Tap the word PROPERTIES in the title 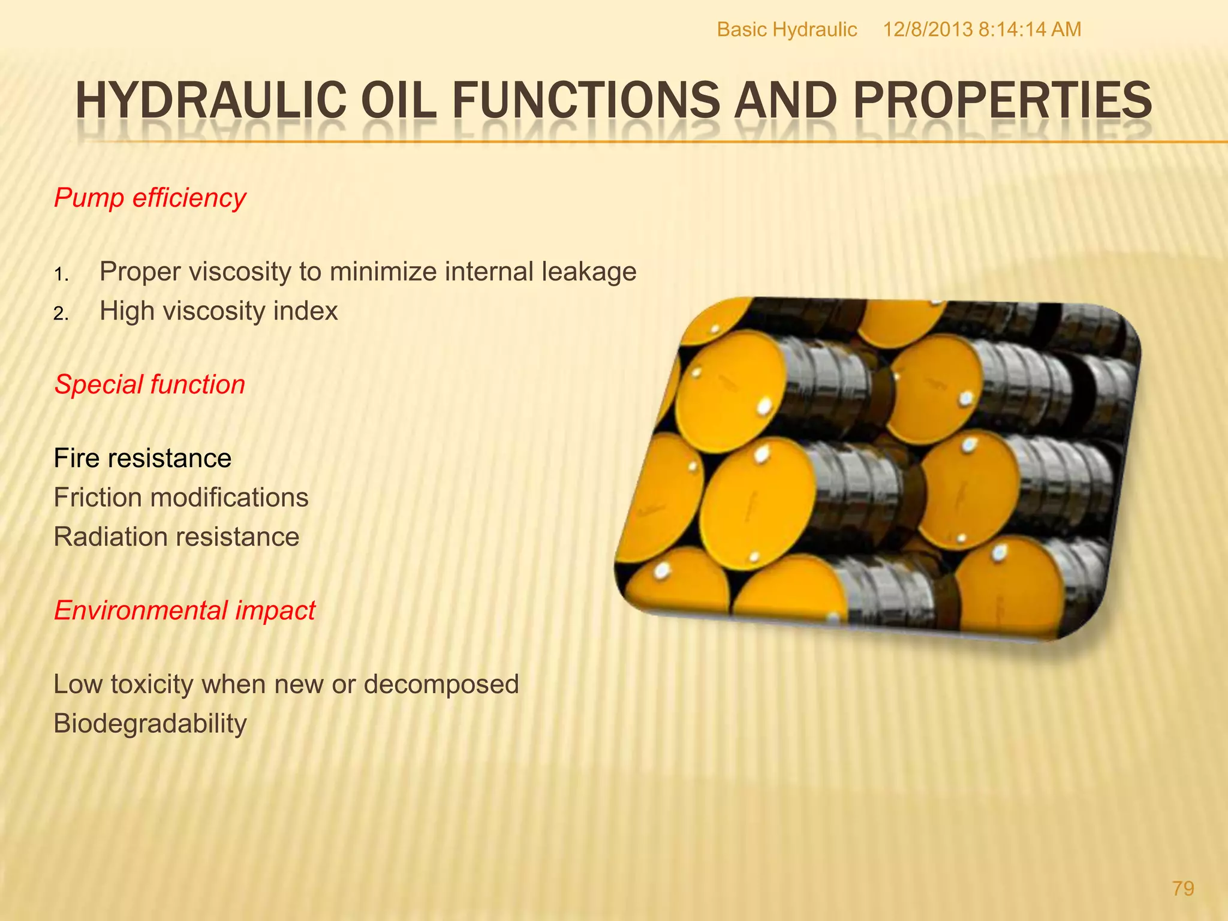click(1002, 101)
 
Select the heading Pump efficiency click(150, 198)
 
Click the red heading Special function click(150, 384)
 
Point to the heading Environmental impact click(185, 610)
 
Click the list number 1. click(61, 275)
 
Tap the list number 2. click(61, 314)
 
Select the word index click(306, 311)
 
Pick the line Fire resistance click(143, 458)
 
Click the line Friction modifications click(181, 498)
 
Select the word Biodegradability click(151, 724)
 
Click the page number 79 click(1183, 888)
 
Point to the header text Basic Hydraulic click(787, 29)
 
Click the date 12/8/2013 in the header click(928, 29)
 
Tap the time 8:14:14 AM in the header click(1030, 29)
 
